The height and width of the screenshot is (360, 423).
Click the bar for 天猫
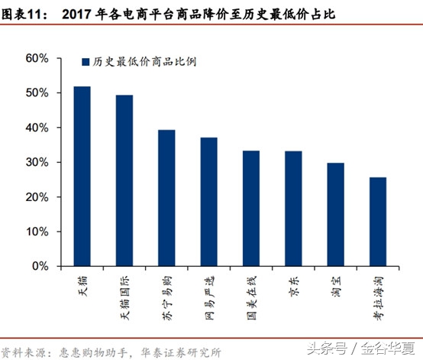82,177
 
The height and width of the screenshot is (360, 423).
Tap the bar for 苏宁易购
166,198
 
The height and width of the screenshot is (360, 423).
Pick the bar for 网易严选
208,202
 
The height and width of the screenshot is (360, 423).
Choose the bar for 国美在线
251,209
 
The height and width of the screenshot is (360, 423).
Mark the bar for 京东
293,209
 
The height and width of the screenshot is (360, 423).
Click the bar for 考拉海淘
378,222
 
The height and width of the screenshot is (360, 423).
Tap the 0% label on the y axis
40,267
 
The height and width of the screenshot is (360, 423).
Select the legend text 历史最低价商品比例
142,63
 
